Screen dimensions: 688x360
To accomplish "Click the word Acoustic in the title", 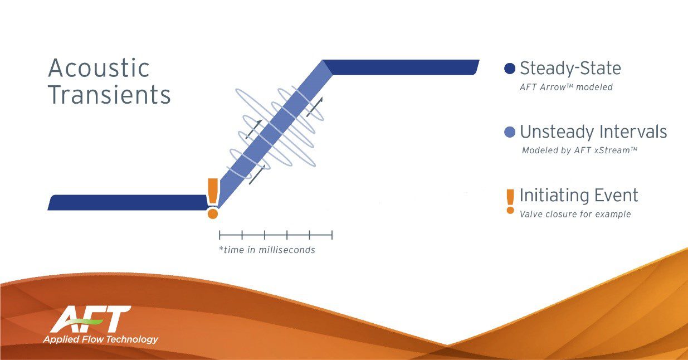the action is click(x=99, y=68).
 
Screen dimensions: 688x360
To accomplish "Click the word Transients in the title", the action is click(x=109, y=94).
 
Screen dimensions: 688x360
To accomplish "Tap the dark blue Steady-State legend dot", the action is click(x=510, y=69).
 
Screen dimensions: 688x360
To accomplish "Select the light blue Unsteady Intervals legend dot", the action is click(x=510, y=133).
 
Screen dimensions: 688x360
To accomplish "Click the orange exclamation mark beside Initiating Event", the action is click(x=510, y=202).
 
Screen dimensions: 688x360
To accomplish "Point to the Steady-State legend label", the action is click(x=570, y=68).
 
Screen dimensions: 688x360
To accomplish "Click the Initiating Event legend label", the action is click(x=579, y=195).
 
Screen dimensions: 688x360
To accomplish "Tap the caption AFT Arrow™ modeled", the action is click(x=566, y=87).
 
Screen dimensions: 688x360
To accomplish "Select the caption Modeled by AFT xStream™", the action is click(x=579, y=150).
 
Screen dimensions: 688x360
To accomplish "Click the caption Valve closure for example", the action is click(x=575, y=214).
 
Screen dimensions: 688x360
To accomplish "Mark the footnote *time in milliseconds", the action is click(x=267, y=250).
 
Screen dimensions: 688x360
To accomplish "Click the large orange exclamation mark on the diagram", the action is click(x=213, y=198).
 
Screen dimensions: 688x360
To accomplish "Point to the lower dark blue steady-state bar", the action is click(x=128, y=202).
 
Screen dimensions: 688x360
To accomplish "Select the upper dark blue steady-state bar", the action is click(x=401, y=67).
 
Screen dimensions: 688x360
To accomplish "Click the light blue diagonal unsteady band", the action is click(x=274, y=134).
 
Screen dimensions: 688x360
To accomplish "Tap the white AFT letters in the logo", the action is click(x=91, y=319).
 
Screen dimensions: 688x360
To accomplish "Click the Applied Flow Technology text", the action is click(x=100, y=339).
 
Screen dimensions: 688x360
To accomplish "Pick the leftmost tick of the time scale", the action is click(x=219, y=235).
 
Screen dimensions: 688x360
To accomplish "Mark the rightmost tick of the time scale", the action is click(x=332, y=235).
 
